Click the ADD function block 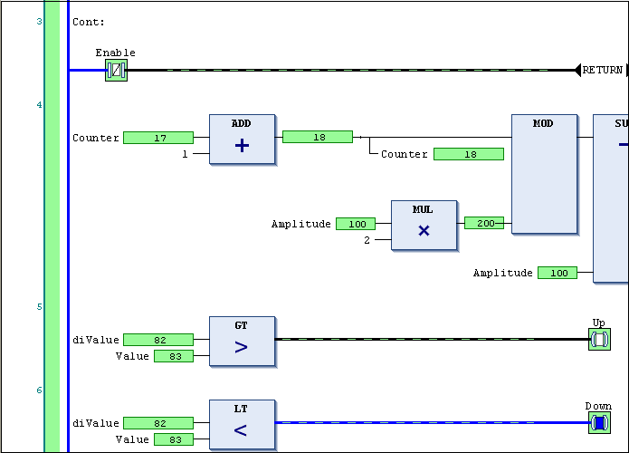pyautogui.click(x=242, y=139)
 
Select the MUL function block pyautogui.click(x=423, y=225)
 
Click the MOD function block pyautogui.click(x=544, y=174)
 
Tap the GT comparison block pyautogui.click(x=242, y=341)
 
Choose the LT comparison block pyautogui.click(x=242, y=424)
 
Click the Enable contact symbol pyautogui.click(x=116, y=70)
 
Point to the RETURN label pyautogui.click(x=602, y=70)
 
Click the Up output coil pyautogui.click(x=599, y=340)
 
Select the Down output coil pyautogui.click(x=599, y=423)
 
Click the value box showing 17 pyautogui.click(x=158, y=138)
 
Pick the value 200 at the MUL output pyautogui.click(x=484, y=223)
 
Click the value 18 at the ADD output pyautogui.click(x=318, y=137)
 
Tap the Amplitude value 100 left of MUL pyautogui.click(x=356, y=224)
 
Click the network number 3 pyautogui.click(x=39, y=21)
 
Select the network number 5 pyautogui.click(x=39, y=307)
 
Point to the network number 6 pyautogui.click(x=39, y=390)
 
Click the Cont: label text pyautogui.click(x=89, y=22)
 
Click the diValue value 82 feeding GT pyautogui.click(x=158, y=340)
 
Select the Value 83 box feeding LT pyautogui.click(x=174, y=439)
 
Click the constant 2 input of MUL pyautogui.click(x=367, y=240)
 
